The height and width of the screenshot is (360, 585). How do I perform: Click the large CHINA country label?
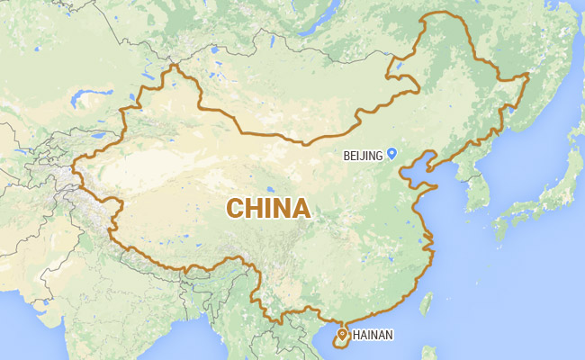coord(268,208)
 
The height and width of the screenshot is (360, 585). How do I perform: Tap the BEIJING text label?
coord(364,156)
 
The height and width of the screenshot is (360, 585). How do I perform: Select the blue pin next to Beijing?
coord(391,154)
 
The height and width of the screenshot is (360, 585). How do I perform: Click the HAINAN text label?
coord(373,337)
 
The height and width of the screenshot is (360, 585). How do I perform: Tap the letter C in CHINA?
coord(235,208)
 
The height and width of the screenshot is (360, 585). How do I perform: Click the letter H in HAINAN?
coord(357,337)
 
